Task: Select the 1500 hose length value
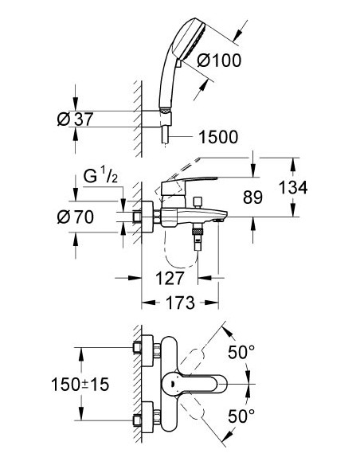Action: pos(217,137)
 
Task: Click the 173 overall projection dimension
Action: pos(181,303)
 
